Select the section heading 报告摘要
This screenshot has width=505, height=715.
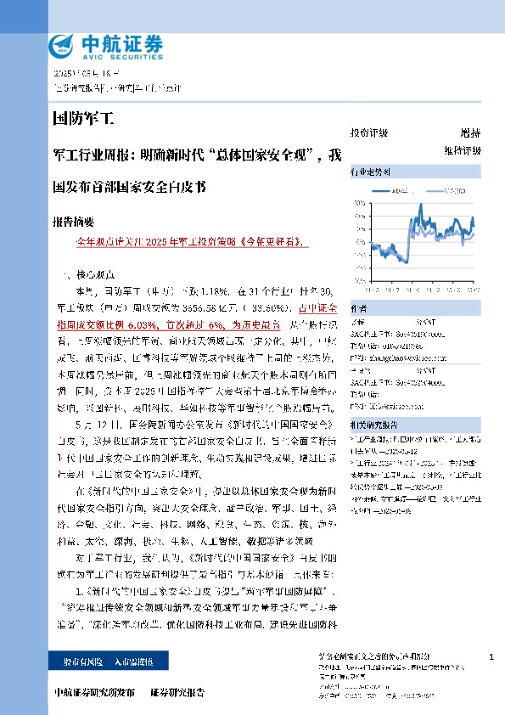[73, 222]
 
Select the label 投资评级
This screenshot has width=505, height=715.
[369, 133]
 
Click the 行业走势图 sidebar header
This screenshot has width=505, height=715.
[371, 172]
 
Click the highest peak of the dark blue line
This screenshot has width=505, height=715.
[421, 205]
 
